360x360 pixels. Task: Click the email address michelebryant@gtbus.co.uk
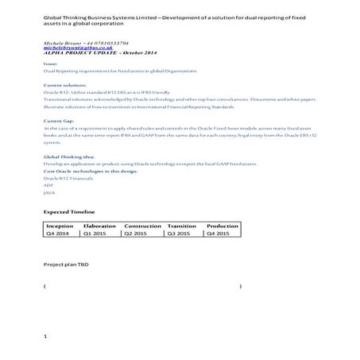tap(69, 48)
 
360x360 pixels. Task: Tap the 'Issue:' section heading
tap(50, 64)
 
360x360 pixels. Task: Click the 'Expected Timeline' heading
tap(69, 213)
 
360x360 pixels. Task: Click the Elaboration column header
tap(99, 226)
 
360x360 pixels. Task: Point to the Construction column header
tap(143, 226)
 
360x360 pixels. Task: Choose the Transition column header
tap(182, 226)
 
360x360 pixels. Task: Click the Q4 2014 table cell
tap(58, 234)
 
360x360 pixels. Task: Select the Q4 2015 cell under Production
tap(219, 234)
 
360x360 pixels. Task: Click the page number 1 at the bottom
tap(47, 337)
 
